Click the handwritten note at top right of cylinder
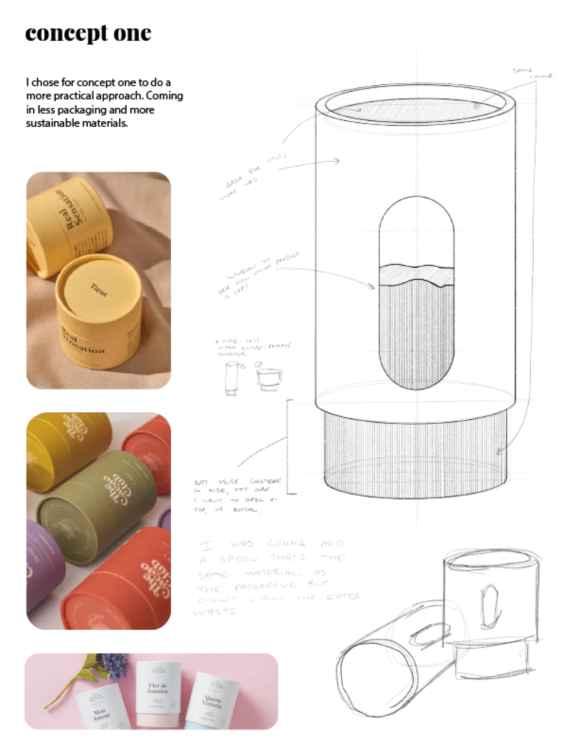(x=534, y=74)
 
